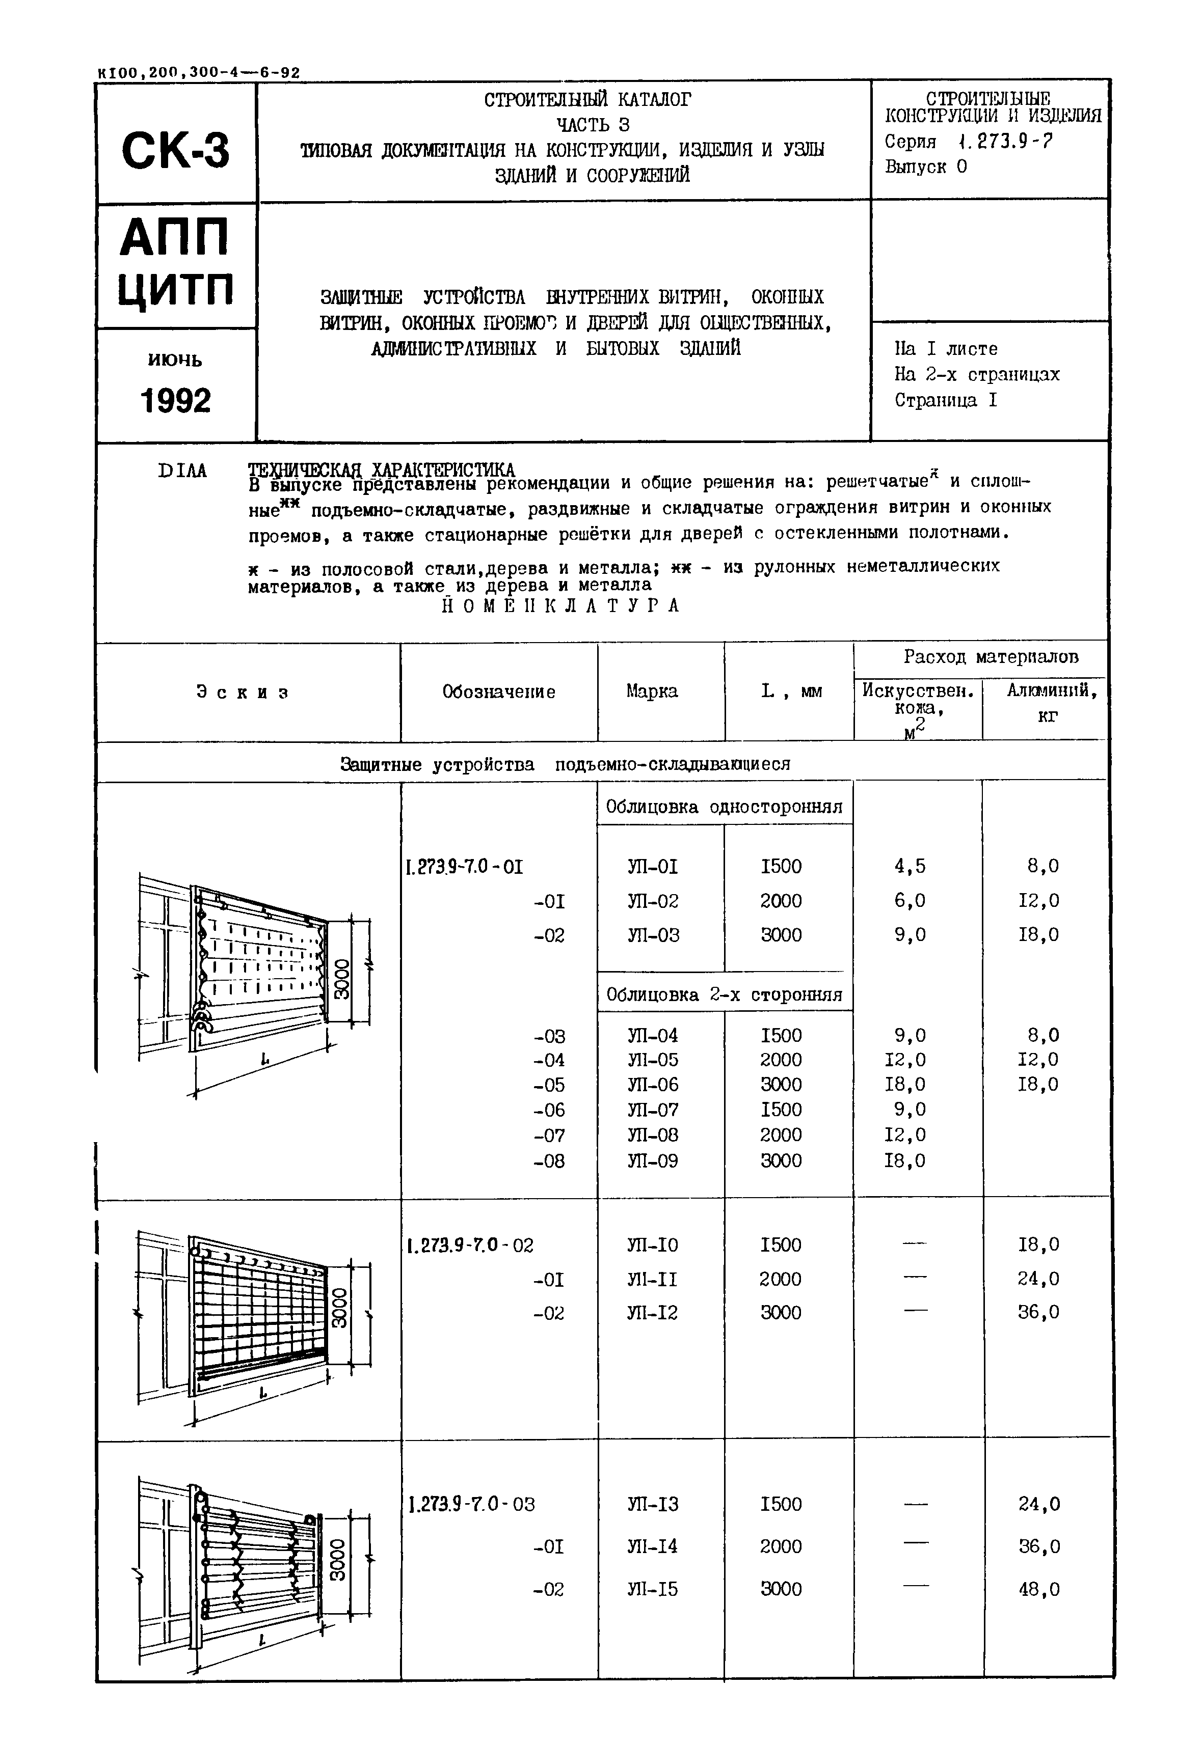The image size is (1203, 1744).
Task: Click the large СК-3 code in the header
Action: (x=176, y=150)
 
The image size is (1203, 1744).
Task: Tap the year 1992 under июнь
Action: (x=176, y=401)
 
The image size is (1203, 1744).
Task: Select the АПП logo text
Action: (x=174, y=237)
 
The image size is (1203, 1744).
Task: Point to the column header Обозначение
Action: (x=498, y=691)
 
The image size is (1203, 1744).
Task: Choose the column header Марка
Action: (x=652, y=691)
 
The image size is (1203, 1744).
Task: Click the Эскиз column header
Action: (x=243, y=691)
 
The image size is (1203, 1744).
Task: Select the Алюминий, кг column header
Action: (x=1046, y=701)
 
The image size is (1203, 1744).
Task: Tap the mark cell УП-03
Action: (x=653, y=935)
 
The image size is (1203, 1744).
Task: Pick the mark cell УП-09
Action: (x=653, y=1161)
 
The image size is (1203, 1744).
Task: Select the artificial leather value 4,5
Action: (x=910, y=866)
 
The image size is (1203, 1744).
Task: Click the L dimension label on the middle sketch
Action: (x=263, y=1394)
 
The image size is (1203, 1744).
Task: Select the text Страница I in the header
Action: (x=946, y=400)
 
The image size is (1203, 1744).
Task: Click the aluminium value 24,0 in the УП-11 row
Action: (x=1039, y=1279)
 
